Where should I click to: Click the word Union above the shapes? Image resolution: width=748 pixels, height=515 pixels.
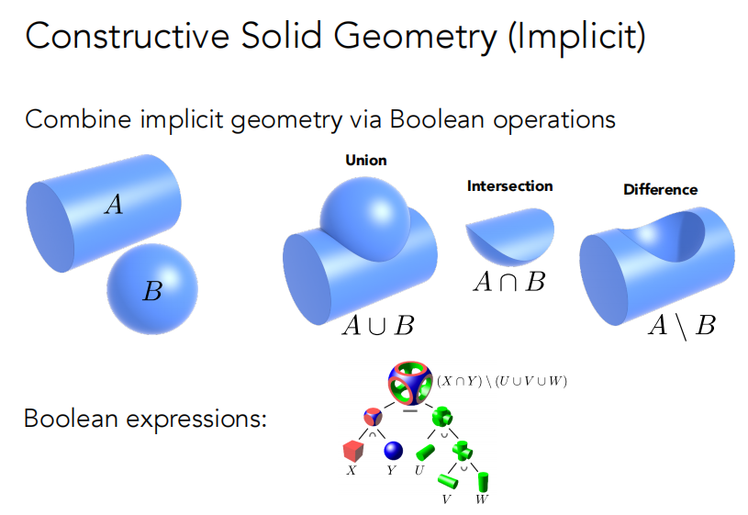(366, 161)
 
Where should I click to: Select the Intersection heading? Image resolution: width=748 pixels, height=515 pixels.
(510, 186)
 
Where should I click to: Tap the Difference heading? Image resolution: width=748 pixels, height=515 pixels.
(660, 189)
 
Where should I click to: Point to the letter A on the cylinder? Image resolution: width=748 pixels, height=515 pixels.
(114, 205)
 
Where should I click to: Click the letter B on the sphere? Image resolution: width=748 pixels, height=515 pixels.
(152, 291)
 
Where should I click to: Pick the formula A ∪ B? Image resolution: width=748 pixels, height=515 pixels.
(378, 326)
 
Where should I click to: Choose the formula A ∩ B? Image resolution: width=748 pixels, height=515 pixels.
(509, 282)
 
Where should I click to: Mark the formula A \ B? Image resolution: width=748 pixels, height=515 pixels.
(682, 327)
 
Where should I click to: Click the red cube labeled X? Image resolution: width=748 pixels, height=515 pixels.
(353, 450)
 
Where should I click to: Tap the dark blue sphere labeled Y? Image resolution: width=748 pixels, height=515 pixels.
(393, 451)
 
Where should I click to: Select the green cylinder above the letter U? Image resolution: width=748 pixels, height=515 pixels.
(426, 452)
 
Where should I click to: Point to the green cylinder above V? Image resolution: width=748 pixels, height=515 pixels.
(448, 481)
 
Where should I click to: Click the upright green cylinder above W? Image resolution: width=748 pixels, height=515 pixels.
(483, 482)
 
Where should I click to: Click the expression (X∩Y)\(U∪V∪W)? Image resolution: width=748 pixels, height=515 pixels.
(502, 381)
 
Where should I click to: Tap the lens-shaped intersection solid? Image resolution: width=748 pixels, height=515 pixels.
(510, 237)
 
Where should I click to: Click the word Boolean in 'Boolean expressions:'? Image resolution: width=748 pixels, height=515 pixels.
(71, 419)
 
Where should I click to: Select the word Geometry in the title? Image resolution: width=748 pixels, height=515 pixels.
(415, 37)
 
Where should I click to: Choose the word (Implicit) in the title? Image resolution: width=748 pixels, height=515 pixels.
(576, 37)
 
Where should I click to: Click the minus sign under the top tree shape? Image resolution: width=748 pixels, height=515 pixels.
(410, 409)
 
